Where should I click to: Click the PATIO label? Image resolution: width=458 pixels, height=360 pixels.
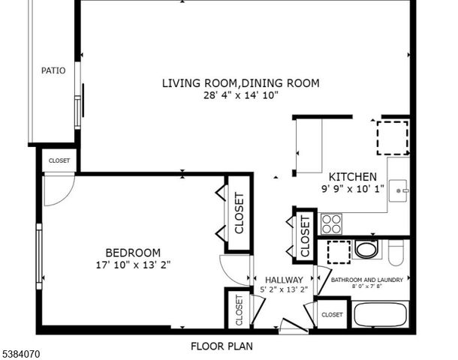(53, 70)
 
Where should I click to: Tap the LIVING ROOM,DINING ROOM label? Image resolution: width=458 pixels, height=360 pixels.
(240, 82)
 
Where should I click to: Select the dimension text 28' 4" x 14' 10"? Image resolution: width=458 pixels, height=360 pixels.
(240, 95)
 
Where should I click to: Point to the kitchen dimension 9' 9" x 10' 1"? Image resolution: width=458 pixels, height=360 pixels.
(352, 190)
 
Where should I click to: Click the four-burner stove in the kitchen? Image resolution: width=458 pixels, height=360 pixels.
(331, 223)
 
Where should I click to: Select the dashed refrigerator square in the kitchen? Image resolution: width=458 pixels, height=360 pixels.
(393, 136)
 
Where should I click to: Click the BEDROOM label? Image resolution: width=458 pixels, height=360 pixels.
(133, 253)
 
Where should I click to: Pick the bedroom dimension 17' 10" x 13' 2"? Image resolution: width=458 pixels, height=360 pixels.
(133, 265)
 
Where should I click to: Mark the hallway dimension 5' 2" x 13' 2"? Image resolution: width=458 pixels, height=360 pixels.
(284, 289)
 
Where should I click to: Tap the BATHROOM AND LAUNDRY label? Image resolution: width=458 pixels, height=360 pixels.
(367, 280)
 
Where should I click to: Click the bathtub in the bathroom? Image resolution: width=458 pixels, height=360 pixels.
(381, 313)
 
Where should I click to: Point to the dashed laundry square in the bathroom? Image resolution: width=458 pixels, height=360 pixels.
(339, 253)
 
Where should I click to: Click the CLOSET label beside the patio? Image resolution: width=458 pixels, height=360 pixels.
(59, 160)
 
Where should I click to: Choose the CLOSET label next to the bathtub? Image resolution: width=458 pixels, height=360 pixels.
(332, 315)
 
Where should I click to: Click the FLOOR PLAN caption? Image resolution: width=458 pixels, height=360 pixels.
(221, 346)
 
